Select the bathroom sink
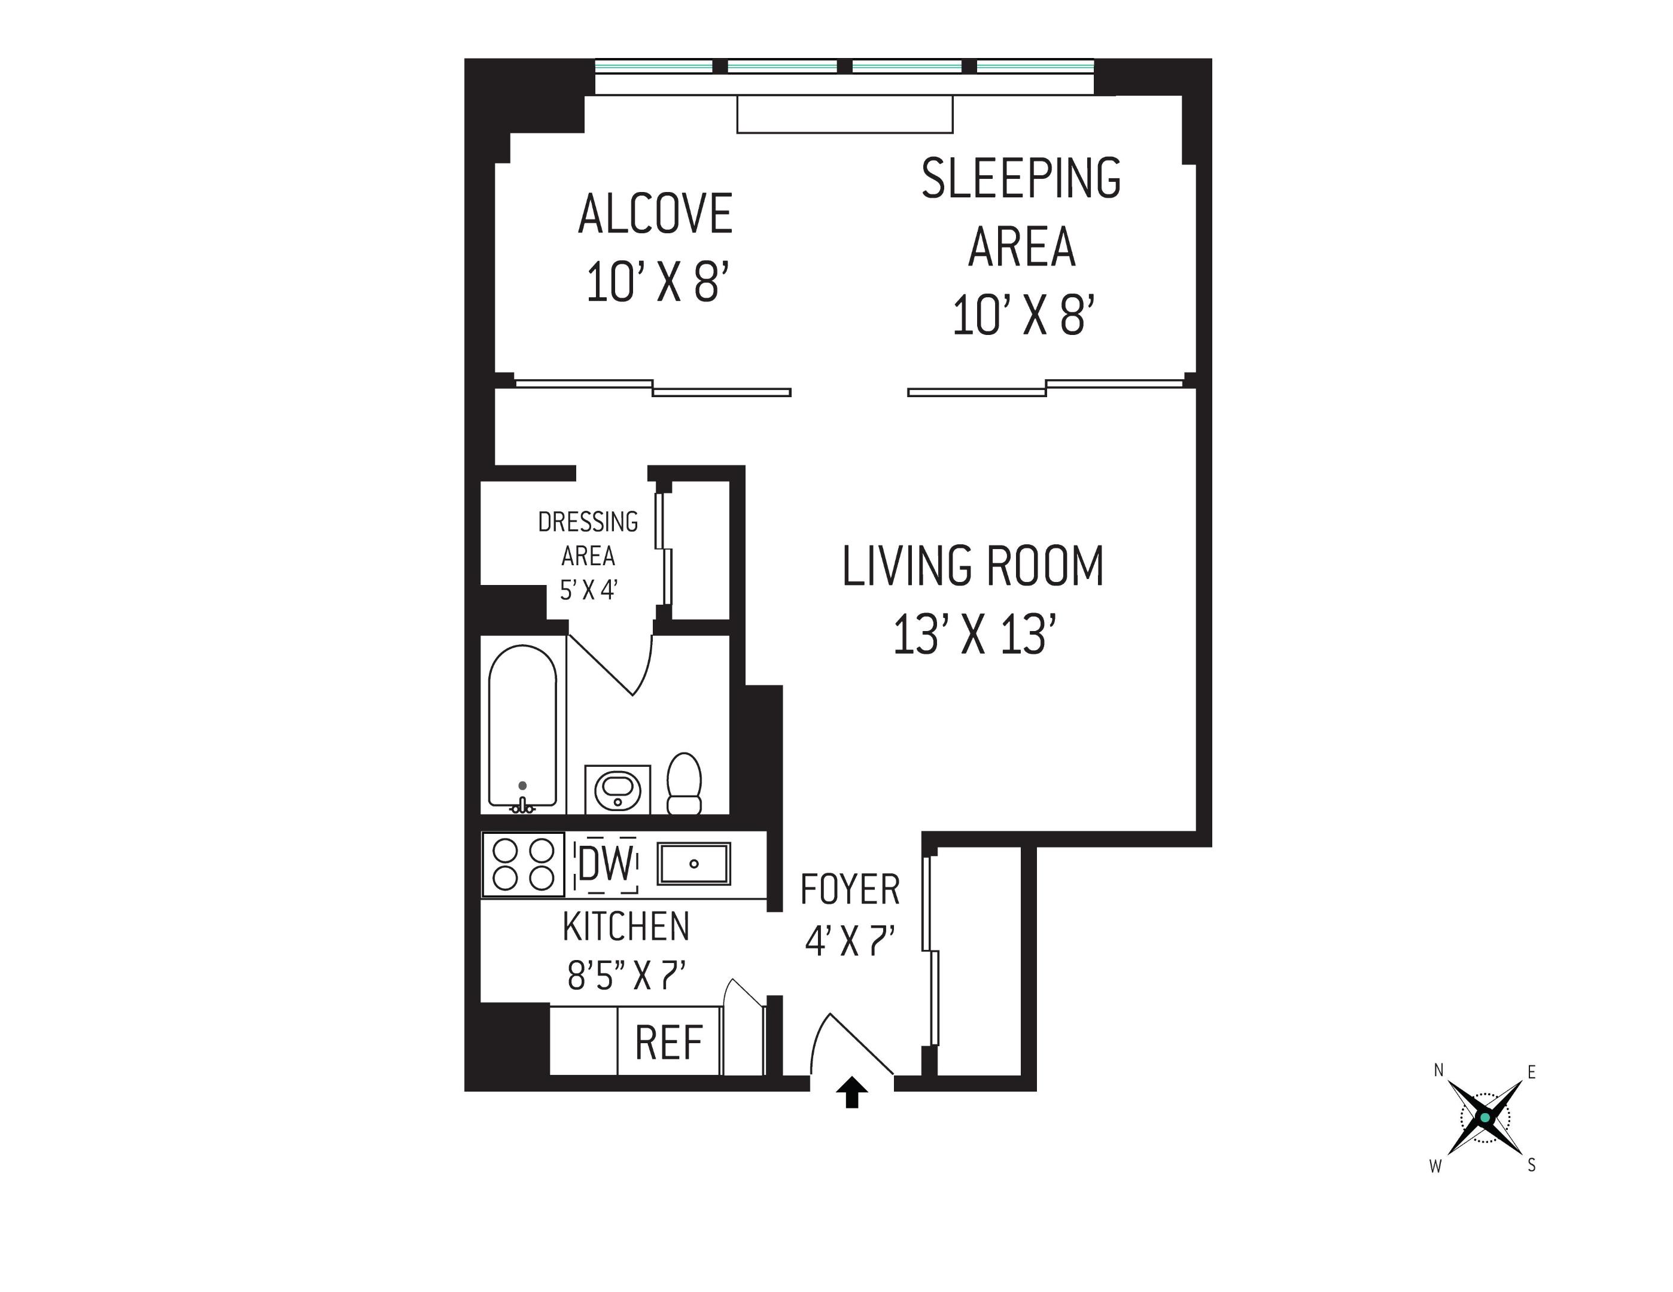(618, 789)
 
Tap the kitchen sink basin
(694, 864)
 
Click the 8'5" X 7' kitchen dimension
(626, 976)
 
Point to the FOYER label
(850, 890)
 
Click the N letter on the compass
(1438, 1071)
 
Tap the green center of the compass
(1485, 1118)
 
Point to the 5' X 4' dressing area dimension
(588, 590)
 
